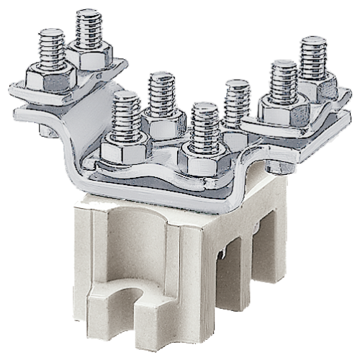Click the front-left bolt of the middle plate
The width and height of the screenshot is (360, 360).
pyautogui.click(x=127, y=115)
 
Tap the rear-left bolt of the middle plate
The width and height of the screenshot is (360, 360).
pyautogui.click(x=161, y=94)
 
